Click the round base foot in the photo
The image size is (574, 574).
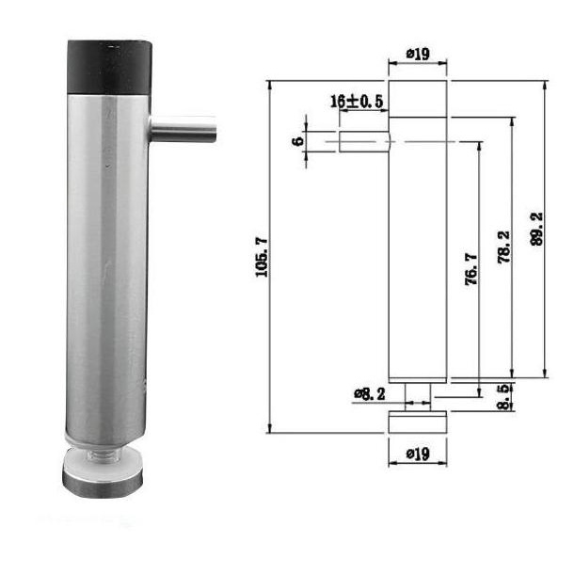[103, 475]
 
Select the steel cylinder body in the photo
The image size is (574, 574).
[106, 263]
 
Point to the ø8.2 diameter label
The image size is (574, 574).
[370, 393]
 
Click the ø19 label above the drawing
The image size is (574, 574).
[418, 55]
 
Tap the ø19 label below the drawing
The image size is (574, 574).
[418, 454]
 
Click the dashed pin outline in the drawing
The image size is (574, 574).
[362, 141]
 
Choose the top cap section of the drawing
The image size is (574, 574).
[418, 99]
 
